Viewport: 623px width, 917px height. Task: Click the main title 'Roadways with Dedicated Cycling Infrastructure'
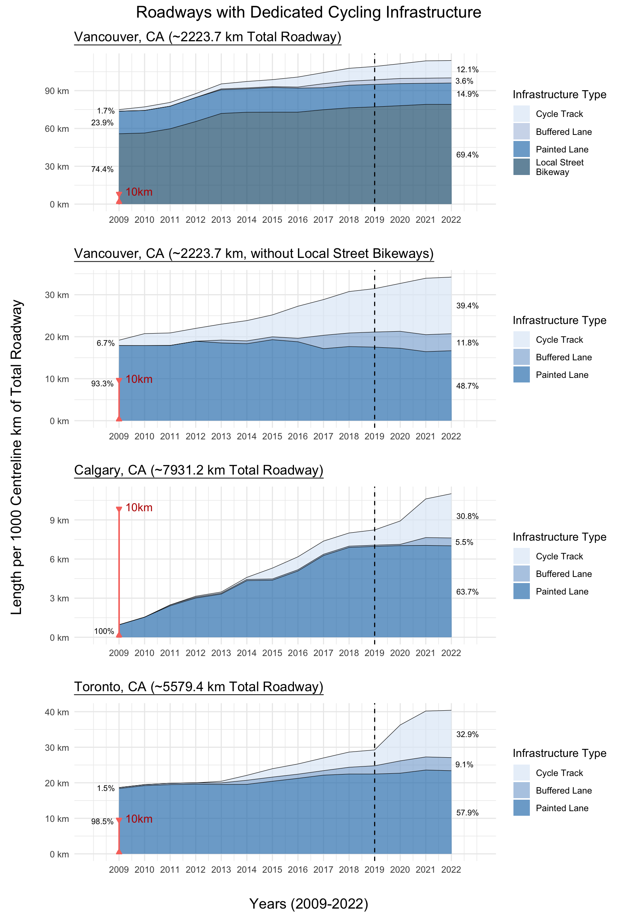tap(308, 13)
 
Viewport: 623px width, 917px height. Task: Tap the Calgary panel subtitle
tap(199, 470)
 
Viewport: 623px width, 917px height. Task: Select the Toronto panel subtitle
tap(199, 687)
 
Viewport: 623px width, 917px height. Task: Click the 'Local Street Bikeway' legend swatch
tap(521, 167)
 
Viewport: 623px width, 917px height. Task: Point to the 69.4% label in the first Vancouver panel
tap(467, 155)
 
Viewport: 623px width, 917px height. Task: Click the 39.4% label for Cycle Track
tap(467, 306)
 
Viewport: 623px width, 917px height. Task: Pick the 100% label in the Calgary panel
tap(104, 631)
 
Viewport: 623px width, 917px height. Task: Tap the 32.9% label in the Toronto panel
tap(467, 734)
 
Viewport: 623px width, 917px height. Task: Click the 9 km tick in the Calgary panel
tap(59, 520)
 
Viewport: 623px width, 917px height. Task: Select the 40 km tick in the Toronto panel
tap(57, 712)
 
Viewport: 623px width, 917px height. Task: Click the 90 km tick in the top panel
tap(57, 91)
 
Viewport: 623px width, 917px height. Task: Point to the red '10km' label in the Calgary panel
tap(139, 507)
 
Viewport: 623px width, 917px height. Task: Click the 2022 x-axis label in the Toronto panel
tap(451, 870)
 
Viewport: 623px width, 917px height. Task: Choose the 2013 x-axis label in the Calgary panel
tap(221, 653)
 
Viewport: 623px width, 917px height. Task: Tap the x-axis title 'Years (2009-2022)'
tap(308, 904)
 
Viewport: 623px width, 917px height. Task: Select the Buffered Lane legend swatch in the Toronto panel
tap(521, 791)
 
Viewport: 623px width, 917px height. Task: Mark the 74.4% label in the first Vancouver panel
tap(102, 170)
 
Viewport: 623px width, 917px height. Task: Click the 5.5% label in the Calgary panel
tap(464, 543)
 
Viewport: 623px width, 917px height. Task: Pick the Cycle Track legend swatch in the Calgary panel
tap(521, 556)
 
